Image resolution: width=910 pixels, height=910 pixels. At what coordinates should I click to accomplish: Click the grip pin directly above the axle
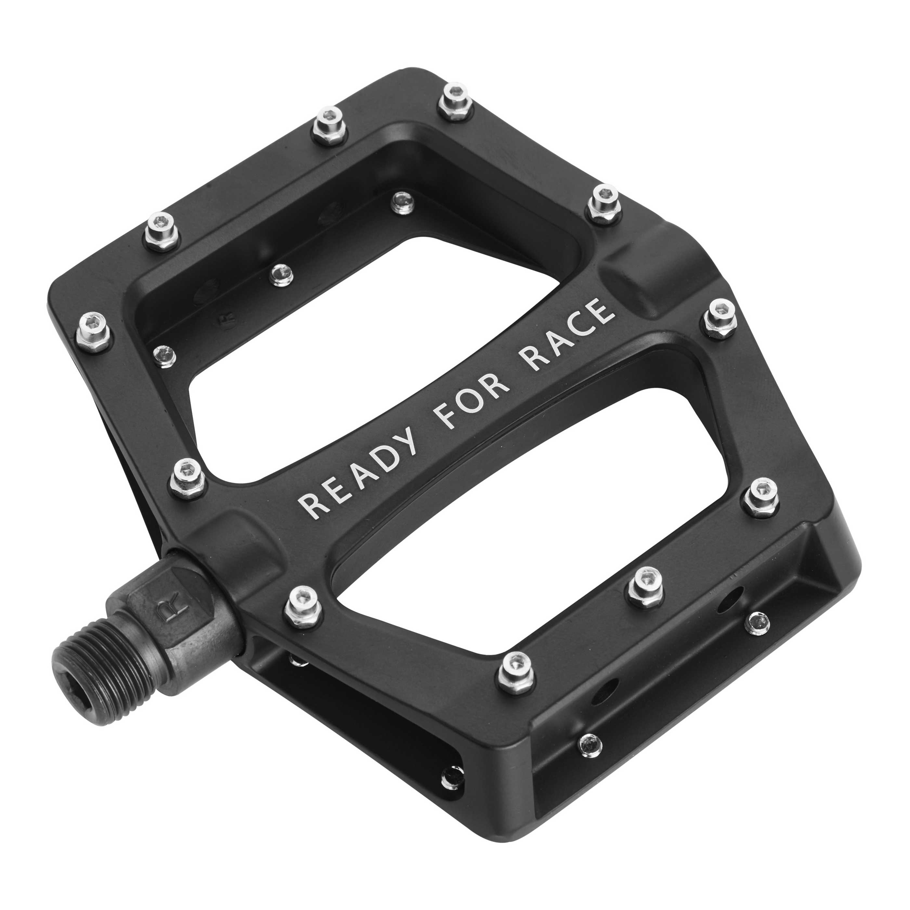click(x=303, y=606)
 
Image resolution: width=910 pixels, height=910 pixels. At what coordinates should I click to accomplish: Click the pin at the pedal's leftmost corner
click(x=93, y=331)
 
